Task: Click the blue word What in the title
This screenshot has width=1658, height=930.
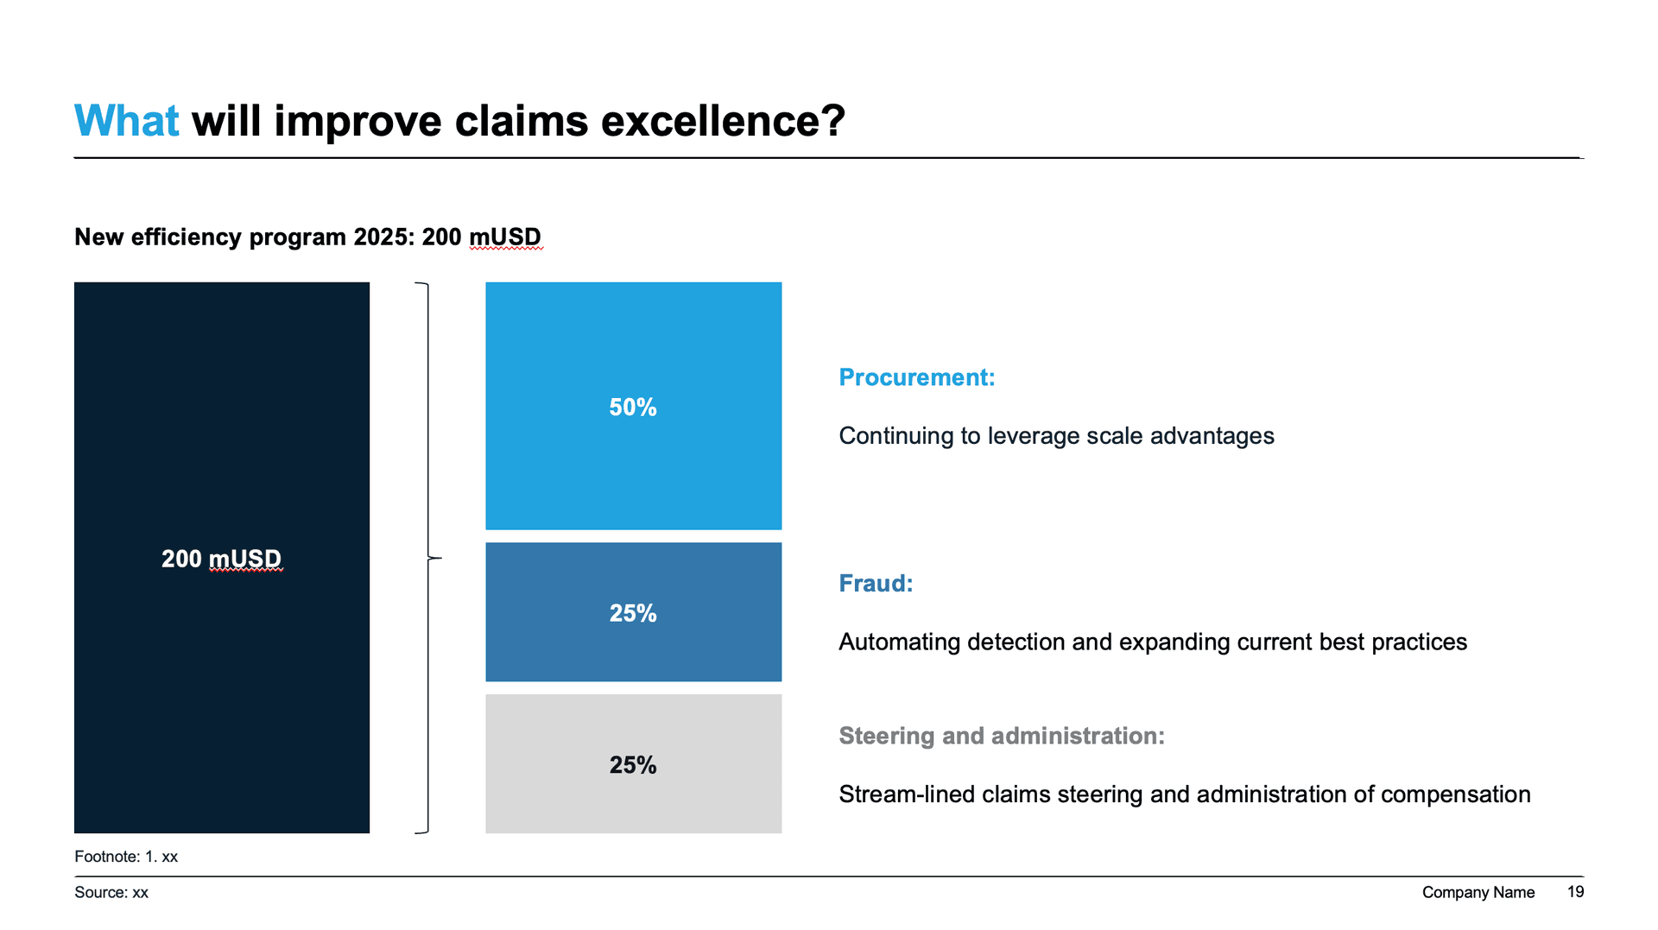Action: pyautogui.click(x=126, y=121)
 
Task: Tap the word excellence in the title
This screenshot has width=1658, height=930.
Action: pyautogui.click(x=722, y=121)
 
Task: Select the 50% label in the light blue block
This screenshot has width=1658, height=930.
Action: pyautogui.click(x=633, y=407)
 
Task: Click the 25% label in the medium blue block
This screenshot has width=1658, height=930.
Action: pyautogui.click(x=633, y=613)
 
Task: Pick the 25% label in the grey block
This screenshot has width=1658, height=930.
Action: pyautogui.click(x=633, y=765)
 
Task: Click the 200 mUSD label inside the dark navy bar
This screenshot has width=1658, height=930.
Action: pyautogui.click(x=221, y=559)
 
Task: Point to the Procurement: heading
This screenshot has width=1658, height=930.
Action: pyautogui.click(x=916, y=377)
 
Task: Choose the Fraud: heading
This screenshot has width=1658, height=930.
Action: pyautogui.click(x=876, y=584)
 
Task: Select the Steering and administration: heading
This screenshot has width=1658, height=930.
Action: pyautogui.click(x=1002, y=736)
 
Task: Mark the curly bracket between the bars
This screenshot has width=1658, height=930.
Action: pyautogui.click(x=427, y=558)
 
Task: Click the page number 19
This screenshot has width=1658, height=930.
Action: pyautogui.click(x=1575, y=892)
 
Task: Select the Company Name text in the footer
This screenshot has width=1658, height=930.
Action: pyautogui.click(x=1478, y=893)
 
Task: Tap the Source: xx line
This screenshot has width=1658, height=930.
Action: pyautogui.click(x=111, y=893)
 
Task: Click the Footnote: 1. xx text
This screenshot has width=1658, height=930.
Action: pyautogui.click(x=126, y=857)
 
